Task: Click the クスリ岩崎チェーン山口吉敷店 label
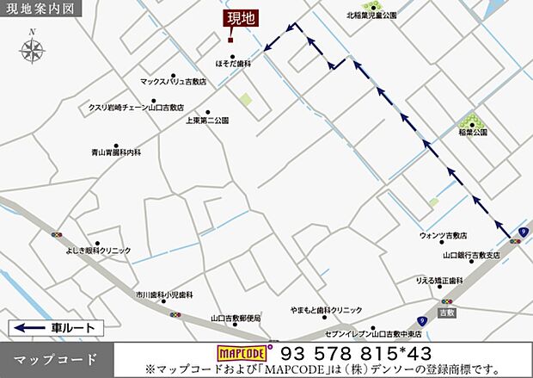(136, 108)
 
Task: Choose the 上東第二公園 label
(207, 121)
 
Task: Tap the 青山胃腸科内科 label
(116, 152)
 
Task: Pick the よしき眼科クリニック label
(98, 251)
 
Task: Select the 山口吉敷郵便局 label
(236, 319)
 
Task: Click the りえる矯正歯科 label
(439, 281)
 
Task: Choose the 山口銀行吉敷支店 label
(471, 255)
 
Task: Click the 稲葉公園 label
(473, 133)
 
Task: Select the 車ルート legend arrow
(30, 328)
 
